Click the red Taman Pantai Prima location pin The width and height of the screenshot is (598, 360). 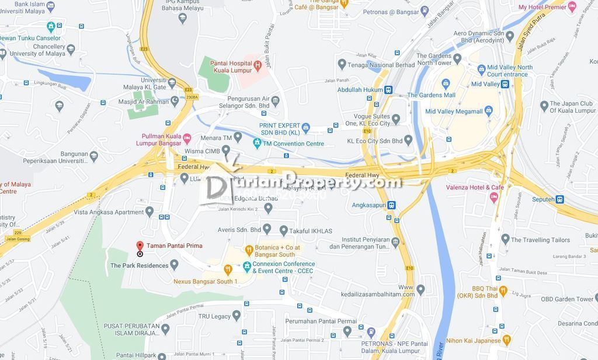tap(140, 246)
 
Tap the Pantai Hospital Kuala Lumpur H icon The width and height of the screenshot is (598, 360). tap(258, 65)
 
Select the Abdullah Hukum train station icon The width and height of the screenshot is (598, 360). tap(388, 90)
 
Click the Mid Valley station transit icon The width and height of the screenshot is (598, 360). tap(505, 84)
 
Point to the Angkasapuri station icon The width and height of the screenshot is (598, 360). tap(391, 205)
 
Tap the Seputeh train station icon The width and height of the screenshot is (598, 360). tap(559, 199)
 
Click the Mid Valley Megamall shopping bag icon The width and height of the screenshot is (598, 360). tap(489, 111)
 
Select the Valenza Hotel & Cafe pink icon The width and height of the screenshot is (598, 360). tap(494, 197)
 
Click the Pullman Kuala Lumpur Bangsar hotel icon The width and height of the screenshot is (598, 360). tap(187, 139)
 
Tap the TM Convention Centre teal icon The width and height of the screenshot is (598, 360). tap(257, 143)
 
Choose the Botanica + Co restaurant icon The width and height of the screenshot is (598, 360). tap(249, 251)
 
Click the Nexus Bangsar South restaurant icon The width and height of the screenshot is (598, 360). tap(228, 269)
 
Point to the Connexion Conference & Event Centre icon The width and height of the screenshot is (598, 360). tap(247, 266)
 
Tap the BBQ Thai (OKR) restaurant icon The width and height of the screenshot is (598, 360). tap(503, 291)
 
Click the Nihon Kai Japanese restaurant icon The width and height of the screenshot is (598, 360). tap(506, 340)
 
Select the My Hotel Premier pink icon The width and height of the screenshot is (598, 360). tap(572, 7)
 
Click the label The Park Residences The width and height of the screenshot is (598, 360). tap(139, 265)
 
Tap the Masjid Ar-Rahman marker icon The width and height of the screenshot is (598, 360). tap(175, 101)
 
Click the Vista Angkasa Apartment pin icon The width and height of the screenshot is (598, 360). tap(149, 212)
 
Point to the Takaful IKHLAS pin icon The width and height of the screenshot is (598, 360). tap(284, 230)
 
